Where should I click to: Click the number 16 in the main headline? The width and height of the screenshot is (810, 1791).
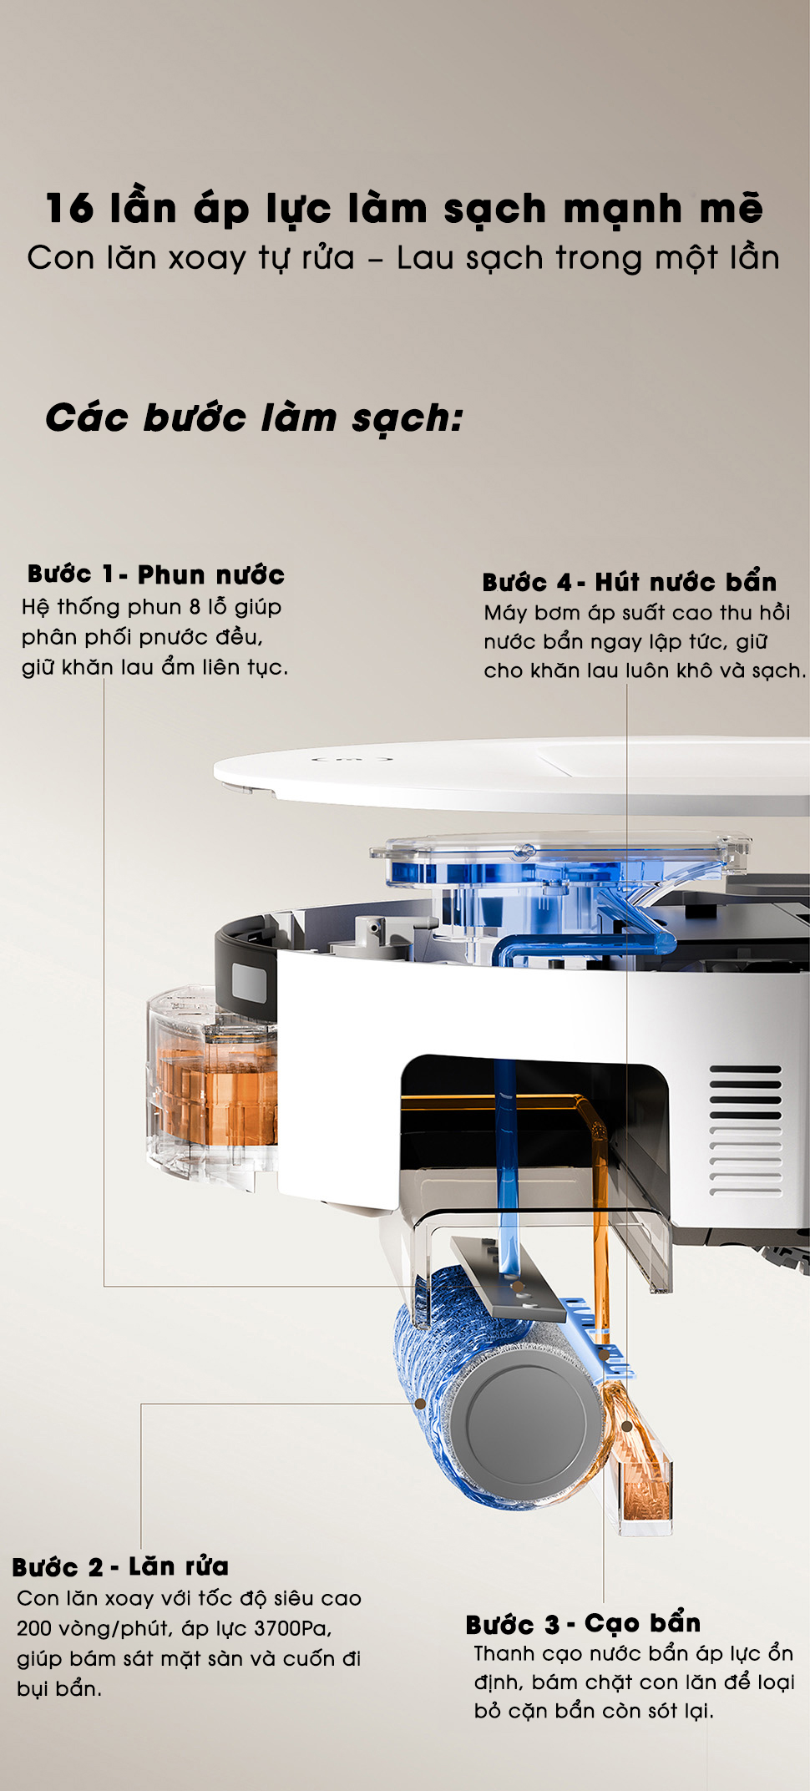(69, 209)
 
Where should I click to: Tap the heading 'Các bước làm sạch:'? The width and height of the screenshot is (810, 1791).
(254, 417)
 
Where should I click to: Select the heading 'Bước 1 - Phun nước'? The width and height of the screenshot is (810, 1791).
(156, 574)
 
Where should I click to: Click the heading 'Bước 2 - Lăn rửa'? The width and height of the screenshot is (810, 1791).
(120, 1566)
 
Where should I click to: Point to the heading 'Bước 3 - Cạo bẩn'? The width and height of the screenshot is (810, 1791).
(583, 1624)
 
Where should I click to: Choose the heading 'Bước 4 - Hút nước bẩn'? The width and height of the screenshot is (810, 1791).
(630, 582)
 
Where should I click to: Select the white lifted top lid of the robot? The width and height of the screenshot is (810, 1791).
(511, 773)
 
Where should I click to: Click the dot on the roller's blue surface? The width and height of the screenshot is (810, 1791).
(420, 1404)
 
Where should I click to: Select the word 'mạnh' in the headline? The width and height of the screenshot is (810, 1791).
(622, 210)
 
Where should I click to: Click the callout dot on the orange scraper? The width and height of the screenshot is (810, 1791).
(626, 1426)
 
